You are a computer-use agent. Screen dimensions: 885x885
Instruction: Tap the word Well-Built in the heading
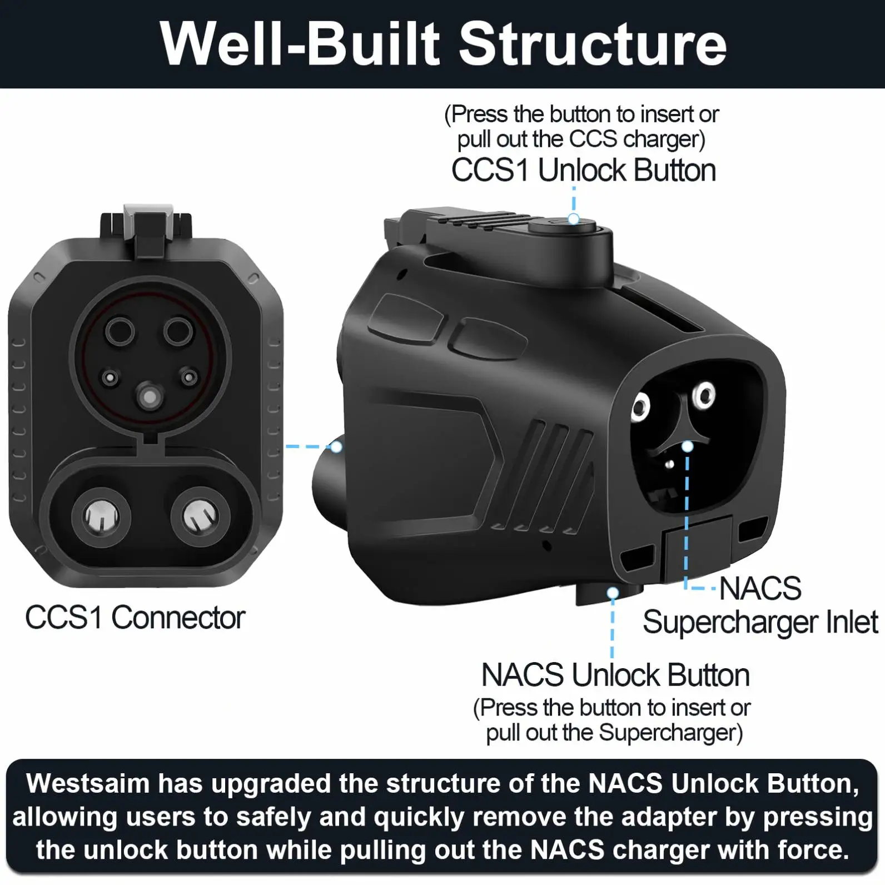[300, 44]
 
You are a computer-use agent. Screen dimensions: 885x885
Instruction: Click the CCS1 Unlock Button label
[583, 170]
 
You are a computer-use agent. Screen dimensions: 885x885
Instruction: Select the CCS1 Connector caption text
[135, 618]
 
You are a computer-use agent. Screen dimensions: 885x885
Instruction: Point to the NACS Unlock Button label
[615, 675]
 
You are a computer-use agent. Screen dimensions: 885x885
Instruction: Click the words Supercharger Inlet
[760, 622]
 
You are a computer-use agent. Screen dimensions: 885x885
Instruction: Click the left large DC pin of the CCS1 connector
[101, 517]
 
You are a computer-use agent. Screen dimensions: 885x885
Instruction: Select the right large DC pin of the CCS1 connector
[201, 517]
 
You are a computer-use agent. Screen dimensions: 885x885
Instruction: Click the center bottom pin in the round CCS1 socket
[150, 397]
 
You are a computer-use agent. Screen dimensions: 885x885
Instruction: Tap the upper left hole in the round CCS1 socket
[120, 332]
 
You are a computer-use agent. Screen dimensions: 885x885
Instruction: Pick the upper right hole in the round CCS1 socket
[178, 332]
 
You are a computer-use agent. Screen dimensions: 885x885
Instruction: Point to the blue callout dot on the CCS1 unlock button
[574, 219]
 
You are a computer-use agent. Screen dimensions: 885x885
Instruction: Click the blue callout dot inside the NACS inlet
[688, 446]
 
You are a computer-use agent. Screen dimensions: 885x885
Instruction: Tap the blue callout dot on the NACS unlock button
[613, 594]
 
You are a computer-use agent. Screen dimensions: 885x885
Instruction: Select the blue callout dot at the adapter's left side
[336, 446]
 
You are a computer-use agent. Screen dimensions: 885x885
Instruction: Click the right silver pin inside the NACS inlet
[705, 395]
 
